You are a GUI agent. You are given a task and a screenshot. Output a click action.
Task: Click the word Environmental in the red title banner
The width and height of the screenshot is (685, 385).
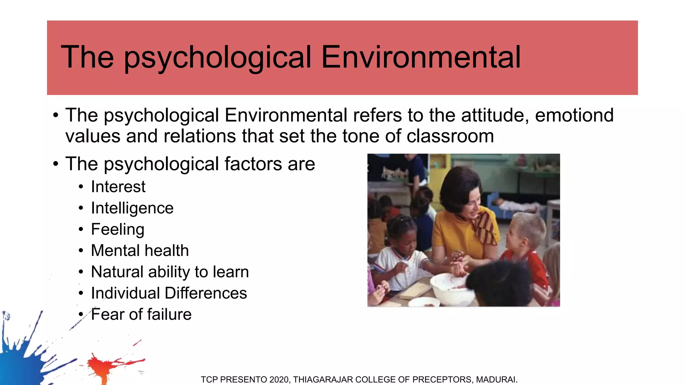(421, 57)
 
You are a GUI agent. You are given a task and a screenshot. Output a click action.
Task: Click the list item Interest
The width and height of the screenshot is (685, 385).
(118, 186)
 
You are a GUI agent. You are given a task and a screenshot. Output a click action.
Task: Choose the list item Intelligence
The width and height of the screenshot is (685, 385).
(132, 208)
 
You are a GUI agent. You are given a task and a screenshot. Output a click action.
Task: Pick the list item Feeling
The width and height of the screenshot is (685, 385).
(117, 230)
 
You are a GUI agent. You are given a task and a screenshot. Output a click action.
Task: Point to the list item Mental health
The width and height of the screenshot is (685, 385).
(140, 251)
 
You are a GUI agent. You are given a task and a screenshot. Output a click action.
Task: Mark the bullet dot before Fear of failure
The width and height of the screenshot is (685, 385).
(81, 314)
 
